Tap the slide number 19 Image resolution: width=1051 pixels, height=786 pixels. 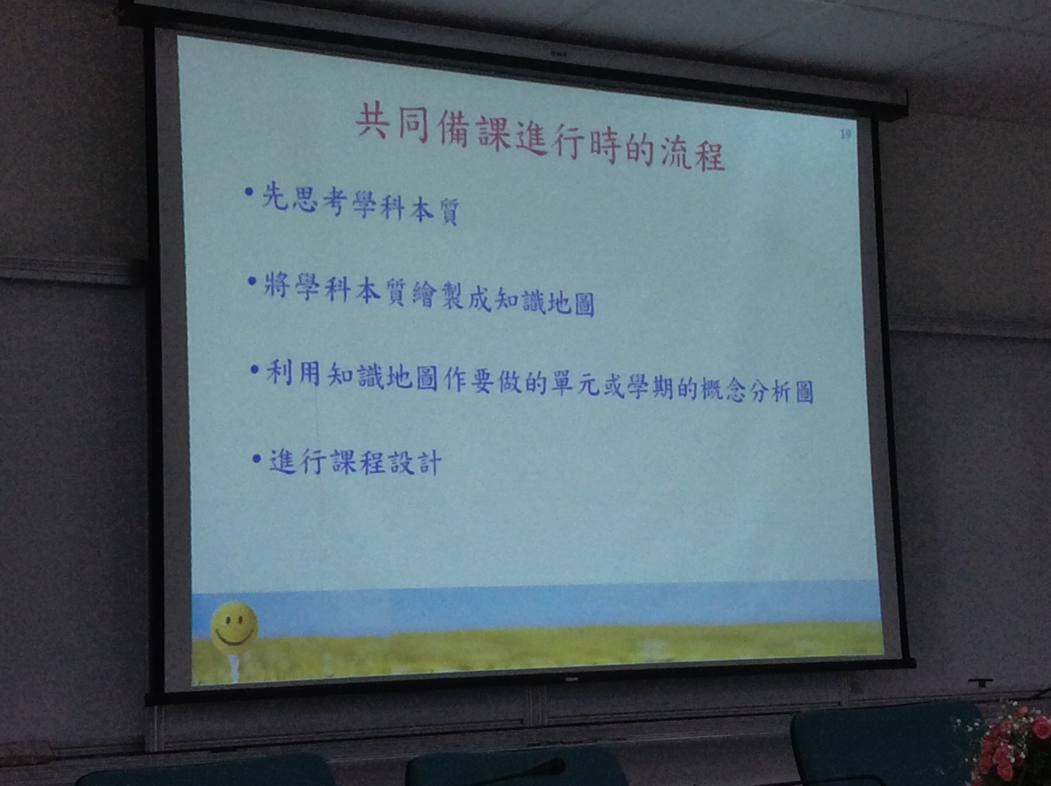point(845,135)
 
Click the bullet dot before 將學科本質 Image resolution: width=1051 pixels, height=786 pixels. point(251,281)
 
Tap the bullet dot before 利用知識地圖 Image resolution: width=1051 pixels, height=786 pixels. point(254,369)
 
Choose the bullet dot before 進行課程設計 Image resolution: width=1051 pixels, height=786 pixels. point(257,458)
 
